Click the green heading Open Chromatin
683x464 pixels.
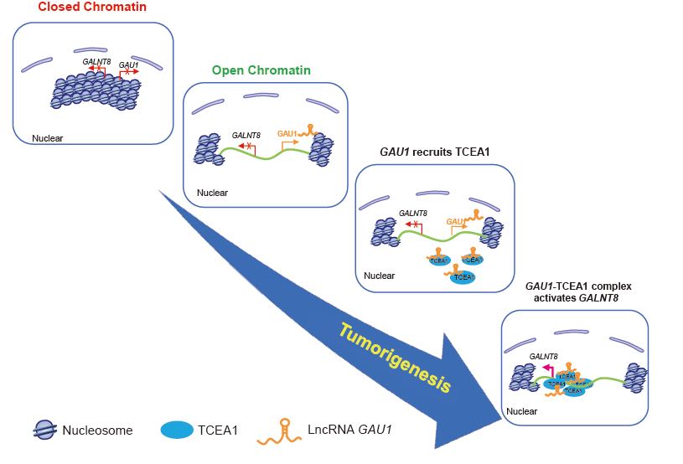pos(261,70)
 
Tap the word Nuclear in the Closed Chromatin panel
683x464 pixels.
pos(47,137)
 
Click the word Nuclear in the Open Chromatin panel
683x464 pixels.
pos(211,193)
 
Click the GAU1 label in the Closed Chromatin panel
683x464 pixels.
pos(129,64)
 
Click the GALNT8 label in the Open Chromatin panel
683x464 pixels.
pos(248,134)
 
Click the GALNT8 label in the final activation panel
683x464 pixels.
pos(545,356)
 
